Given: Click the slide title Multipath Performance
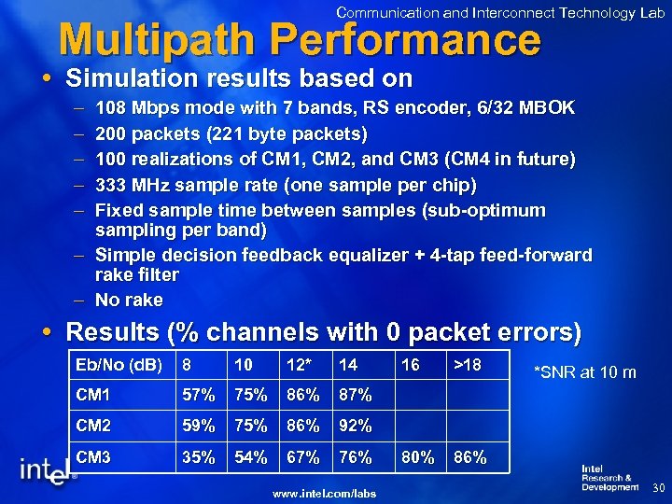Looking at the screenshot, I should pyautogui.click(x=299, y=39).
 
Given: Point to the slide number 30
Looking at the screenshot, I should pyautogui.click(x=656, y=488).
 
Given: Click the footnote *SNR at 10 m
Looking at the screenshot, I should pyautogui.click(x=584, y=373).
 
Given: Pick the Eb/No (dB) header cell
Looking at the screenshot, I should pyautogui.click(x=119, y=365).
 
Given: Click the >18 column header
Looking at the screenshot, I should pyautogui.click(x=469, y=365).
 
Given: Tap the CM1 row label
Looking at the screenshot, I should pyautogui.click(x=93, y=395).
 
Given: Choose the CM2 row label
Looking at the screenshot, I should pyautogui.click(x=94, y=427).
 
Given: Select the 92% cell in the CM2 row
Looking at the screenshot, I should pyautogui.click(x=355, y=427).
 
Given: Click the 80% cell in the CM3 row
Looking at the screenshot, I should pyautogui.click(x=417, y=458).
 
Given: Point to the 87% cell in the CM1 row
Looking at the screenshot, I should pyautogui.click(x=355, y=395).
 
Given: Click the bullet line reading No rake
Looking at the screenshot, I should pyautogui.click(x=129, y=300).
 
